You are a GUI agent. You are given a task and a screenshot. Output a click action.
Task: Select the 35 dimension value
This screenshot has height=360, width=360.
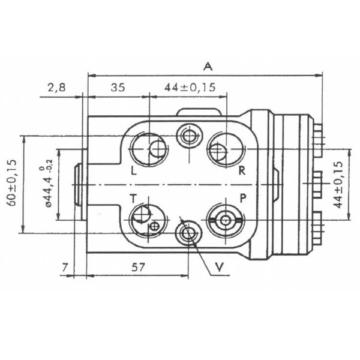(117, 88)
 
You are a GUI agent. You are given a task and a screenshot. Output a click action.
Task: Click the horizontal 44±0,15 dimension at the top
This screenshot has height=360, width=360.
(190, 88)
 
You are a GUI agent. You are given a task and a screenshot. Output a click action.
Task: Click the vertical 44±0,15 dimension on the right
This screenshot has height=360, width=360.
(340, 184)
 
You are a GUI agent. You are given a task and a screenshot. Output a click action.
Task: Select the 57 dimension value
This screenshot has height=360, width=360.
(137, 268)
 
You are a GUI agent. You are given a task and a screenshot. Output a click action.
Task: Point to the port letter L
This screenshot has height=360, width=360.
(133, 170)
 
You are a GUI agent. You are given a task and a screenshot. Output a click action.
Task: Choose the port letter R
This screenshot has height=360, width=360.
(242, 170)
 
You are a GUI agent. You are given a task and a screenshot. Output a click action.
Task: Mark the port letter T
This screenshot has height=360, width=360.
(133, 197)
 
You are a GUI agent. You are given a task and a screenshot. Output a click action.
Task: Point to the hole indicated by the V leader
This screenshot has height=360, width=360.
(187, 232)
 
